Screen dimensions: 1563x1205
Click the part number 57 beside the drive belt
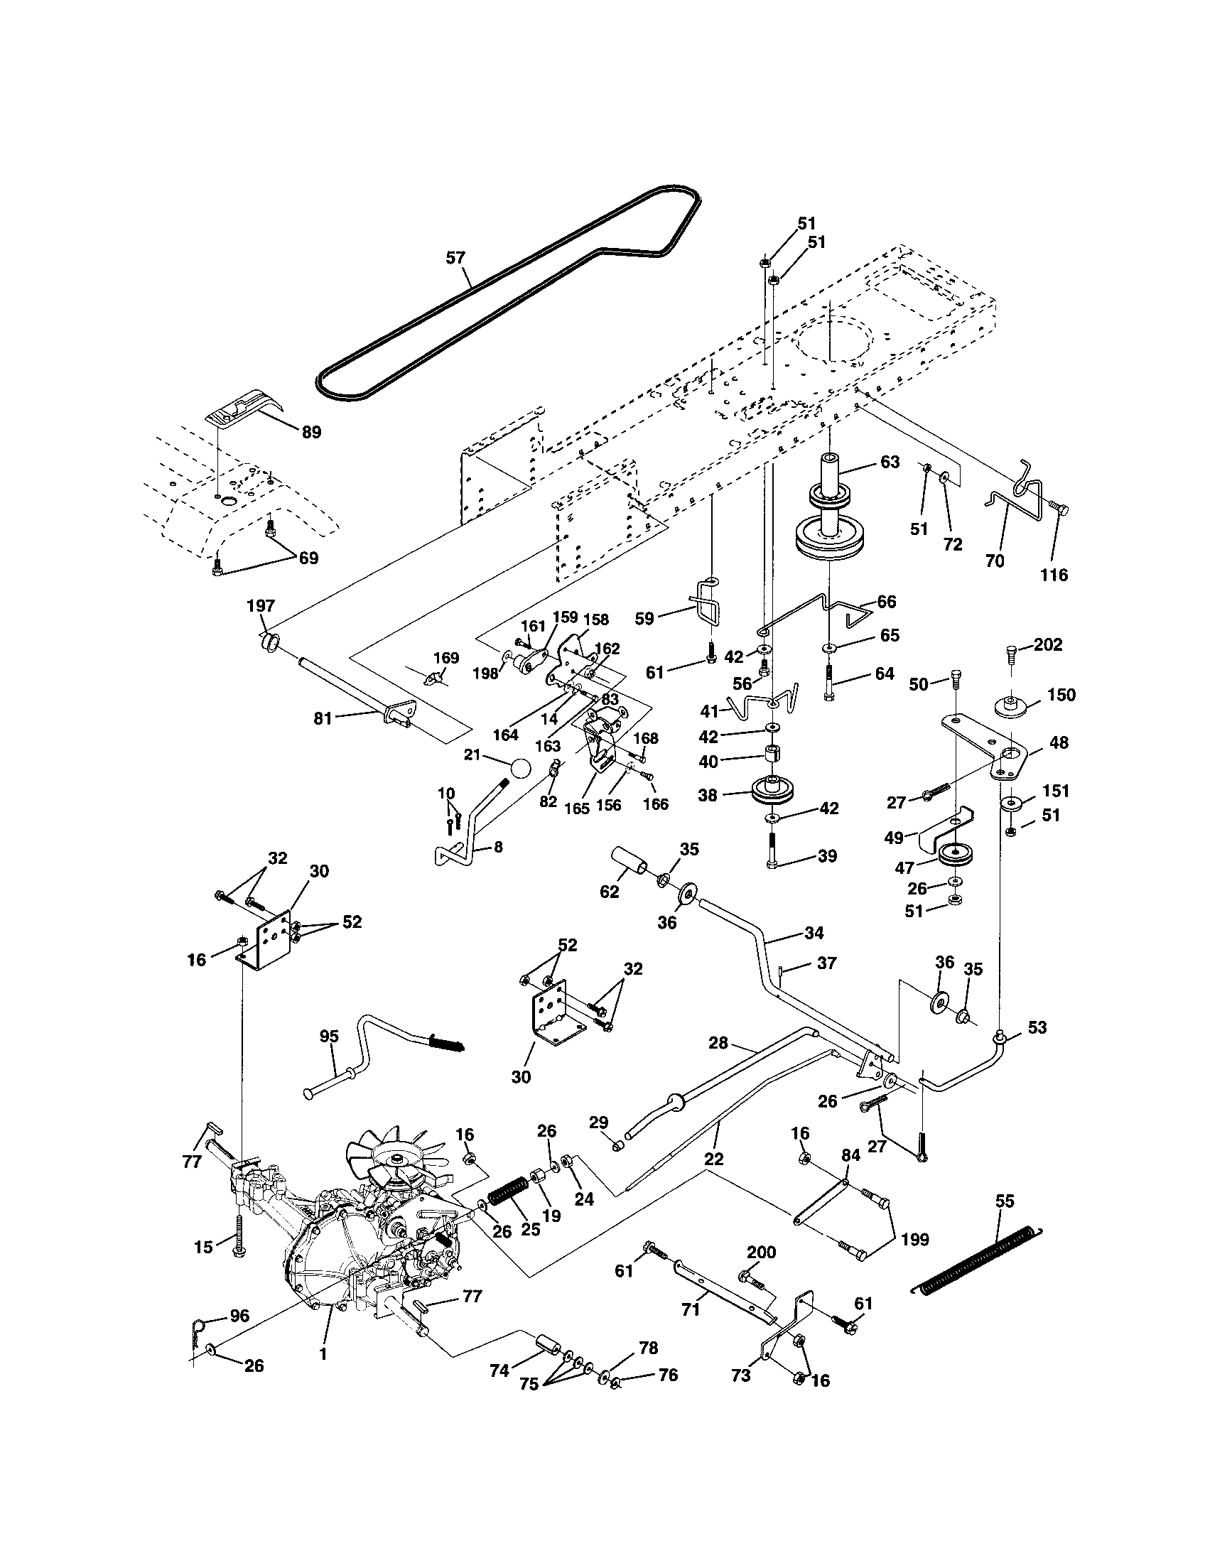click(x=456, y=258)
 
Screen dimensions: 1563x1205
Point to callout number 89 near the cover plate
click(x=311, y=432)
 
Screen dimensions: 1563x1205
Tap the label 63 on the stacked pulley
click(x=890, y=462)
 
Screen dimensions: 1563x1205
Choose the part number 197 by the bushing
click(x=261, y=606)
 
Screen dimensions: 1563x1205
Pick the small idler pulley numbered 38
click(x=774, y=791)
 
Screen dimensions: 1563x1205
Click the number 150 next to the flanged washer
click(x=1061, y=695)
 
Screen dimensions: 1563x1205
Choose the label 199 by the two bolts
click(x=915, y=1239)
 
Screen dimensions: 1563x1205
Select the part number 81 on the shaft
click(x=323, y=718)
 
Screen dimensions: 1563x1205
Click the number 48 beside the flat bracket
click(x=1059, y=743)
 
